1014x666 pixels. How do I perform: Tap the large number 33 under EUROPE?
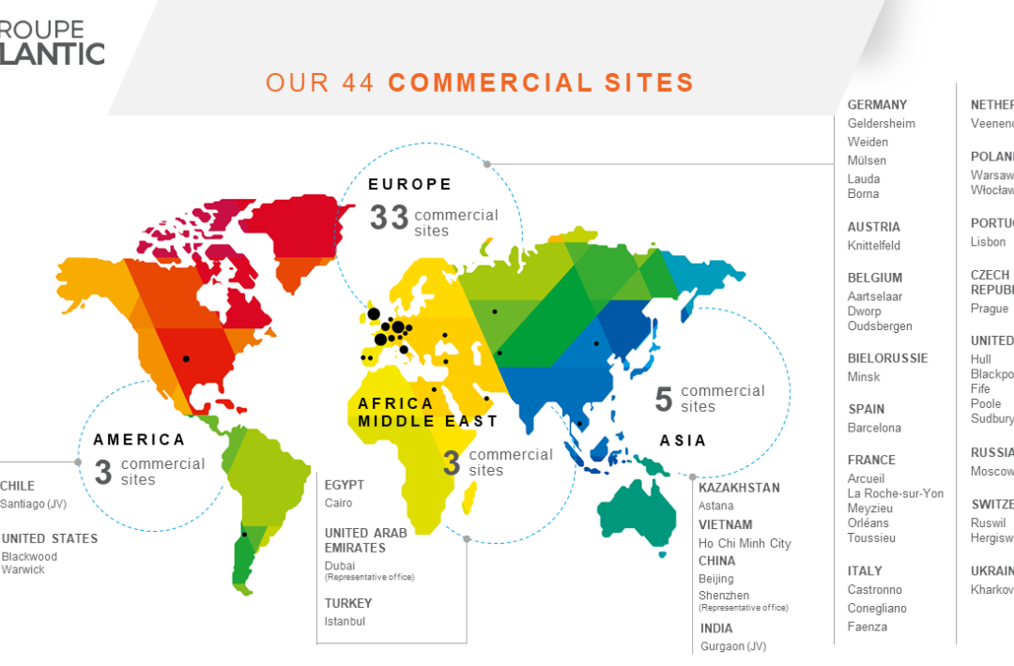click(389, 218)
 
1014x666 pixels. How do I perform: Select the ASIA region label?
click(683, 441)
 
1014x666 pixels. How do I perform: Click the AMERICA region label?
click(139, 440)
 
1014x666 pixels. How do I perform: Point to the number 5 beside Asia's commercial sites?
click(664, 400)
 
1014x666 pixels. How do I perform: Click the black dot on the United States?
click(186, 358)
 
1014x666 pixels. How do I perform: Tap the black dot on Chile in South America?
click(244, 535)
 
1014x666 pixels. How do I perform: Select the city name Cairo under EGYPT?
click(339, 504)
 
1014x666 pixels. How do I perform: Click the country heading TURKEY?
click(348, 603)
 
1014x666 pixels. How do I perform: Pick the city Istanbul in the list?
click(345, 621)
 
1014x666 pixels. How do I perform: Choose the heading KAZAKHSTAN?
click(739, 488)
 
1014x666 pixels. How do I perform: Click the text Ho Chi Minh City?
click(745, 543)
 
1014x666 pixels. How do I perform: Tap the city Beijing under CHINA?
click(716, 579)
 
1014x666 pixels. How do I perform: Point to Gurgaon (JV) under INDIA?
click(733, 646)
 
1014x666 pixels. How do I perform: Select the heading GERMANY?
click(877, 105)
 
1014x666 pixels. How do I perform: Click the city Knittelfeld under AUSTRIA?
click(874, 246)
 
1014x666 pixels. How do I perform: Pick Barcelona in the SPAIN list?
click(874, 428)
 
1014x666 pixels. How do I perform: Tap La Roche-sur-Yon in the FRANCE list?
click(896, 493)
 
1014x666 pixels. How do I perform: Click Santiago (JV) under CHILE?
click(34, 504)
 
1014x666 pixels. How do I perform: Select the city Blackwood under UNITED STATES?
click(29, 556)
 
